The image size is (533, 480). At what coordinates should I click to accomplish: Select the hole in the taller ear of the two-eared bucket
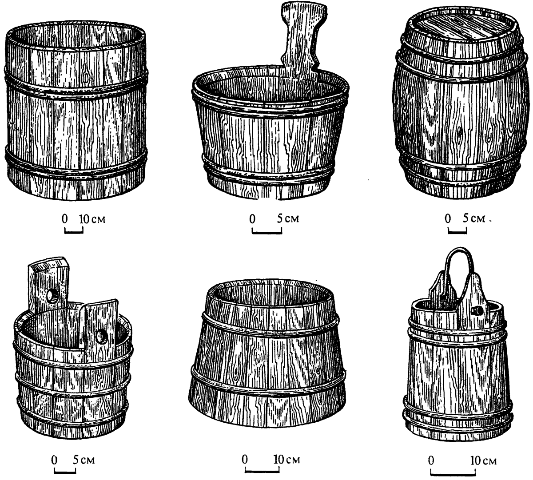click(x=52, y=297)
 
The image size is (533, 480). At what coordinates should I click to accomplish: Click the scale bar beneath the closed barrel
click(x=457, y=231)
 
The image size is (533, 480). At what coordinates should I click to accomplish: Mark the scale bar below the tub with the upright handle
click(x=267, y=231)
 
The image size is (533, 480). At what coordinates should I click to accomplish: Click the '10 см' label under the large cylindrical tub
click(x=92, y=219)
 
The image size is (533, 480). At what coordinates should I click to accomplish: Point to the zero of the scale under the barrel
click(x=448, y=218)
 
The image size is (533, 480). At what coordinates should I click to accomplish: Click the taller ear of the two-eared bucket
click(x=48, y=287)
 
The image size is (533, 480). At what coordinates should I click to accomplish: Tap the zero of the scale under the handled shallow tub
click(x=252, y=219)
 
